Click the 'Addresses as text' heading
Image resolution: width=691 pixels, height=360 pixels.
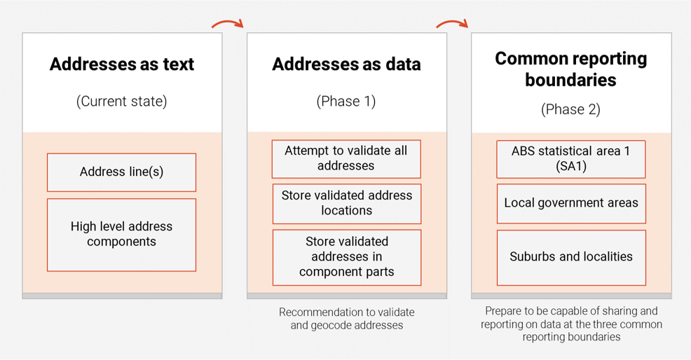(x=122, y=64)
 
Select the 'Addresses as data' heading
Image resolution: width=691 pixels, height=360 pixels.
(x=346, y=64)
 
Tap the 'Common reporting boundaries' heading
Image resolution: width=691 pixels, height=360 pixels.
(x=570, y=69)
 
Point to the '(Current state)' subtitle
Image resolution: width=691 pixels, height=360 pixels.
(x=122, y=101)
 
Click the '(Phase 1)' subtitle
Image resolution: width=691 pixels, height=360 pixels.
(x=346, y=101)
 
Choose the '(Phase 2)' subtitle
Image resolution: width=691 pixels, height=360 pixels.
(x=570, y=109)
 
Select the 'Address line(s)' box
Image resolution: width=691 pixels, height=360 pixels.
(x=122, y=172)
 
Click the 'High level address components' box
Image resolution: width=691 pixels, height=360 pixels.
(x=122, y=235)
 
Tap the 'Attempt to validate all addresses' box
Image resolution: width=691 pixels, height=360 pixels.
(x=346, y=158)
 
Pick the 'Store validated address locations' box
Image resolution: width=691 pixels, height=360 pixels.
(x=346, y=203)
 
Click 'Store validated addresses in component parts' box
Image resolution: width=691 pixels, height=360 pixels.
(x=346, y=256)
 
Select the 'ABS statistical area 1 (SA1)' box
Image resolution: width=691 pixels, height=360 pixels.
(x=570, y=159)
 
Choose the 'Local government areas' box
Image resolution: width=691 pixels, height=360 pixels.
(x=570, y=203)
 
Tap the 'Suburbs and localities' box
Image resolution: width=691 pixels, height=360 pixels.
(x=570, y=257)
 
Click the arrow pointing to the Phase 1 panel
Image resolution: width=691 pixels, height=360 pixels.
(x=227, y=24)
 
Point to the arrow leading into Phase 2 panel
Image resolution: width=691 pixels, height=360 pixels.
(x=451, y=24)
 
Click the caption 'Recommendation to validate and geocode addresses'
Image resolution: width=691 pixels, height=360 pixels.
(x=346, y=319)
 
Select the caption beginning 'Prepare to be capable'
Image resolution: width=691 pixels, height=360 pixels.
(x=570, y=324)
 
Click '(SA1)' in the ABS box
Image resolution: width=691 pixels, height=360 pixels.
(x=570, y=167)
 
